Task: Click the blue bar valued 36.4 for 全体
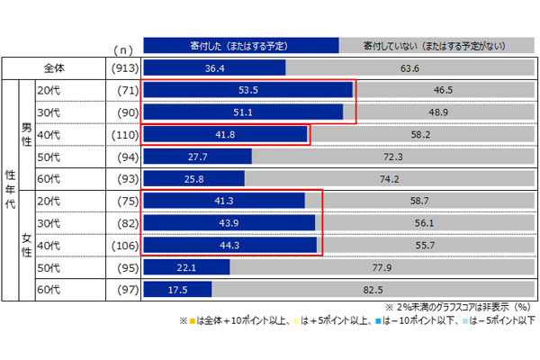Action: coord(214,67)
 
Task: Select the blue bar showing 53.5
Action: coord(247,90)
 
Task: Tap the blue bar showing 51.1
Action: coord(242,112)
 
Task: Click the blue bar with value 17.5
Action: coord(177,288)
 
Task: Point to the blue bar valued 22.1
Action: coord(186,266)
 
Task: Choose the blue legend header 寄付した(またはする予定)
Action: coord(240,43)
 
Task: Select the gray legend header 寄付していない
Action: coord(433,43)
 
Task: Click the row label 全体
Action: coord(55,67)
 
